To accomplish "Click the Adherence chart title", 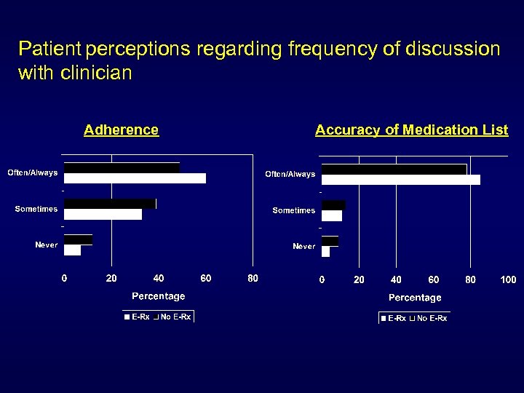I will click(121, 130).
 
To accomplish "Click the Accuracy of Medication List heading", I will click(411, 130).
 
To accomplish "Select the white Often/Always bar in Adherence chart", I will click(135, 178).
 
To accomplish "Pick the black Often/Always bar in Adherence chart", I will click(122, 168).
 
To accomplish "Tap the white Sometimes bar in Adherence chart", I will click(103, 214).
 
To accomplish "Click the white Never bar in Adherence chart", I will click(72, 250).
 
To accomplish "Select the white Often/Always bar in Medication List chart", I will click(400, 180).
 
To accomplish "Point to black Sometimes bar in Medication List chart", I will click(333, 205).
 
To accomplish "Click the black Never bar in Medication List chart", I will click(330, 241).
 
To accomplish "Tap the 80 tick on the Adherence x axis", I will click(252, 278).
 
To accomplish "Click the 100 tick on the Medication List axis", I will click(508, 279).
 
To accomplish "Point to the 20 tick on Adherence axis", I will click(111, 278).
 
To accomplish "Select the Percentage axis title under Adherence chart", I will click(158, 296).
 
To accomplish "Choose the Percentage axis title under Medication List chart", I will click(415, 298).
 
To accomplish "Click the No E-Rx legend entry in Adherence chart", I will click(175, 317).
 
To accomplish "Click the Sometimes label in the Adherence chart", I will click(36, 210).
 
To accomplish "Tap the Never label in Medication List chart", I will click(304, 246).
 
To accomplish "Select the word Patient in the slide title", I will click(50, 49).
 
